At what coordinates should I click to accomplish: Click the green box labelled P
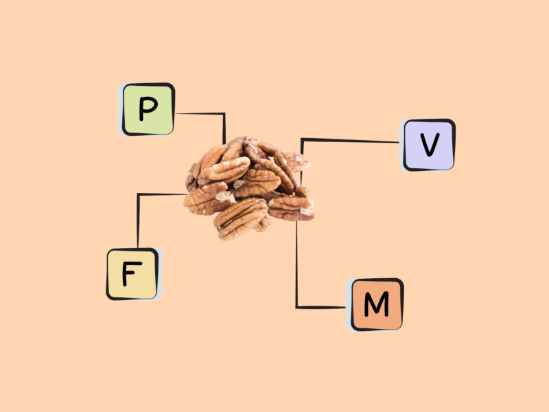[147, 109]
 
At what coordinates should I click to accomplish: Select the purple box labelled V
[428, 145]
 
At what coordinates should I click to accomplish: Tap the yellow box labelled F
[132, 274]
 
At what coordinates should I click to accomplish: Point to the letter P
[147, 109]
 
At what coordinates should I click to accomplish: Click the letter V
[429, 145]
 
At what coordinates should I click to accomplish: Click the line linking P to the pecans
[199, 113]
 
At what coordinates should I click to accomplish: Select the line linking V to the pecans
[350, 140]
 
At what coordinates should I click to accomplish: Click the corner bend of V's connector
[302, 139]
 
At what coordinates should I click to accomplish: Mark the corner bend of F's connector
[139, 194]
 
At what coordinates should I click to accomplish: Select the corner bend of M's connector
[296, 307]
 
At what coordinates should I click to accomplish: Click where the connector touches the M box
[348, 307]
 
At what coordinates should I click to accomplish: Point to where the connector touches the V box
[402, 142]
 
